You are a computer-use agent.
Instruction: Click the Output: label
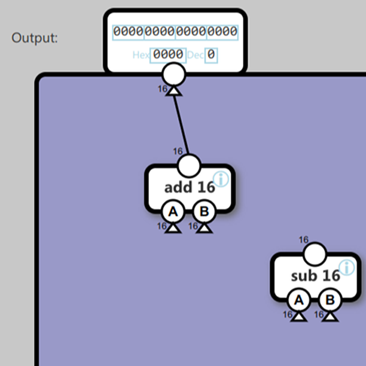point(35,38)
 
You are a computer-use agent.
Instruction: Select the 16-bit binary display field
point(175,32)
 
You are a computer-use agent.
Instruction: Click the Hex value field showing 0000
point(168,55)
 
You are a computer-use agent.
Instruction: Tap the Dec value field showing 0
point(211,55)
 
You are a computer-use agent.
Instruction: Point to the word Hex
point(141,55)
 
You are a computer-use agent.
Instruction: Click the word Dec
point(195,55)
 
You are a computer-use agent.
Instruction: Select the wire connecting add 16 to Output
point(181,122)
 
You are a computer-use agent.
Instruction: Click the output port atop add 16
point(188,164)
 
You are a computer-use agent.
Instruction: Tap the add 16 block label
point(189,187)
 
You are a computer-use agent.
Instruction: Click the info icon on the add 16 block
point(220,179)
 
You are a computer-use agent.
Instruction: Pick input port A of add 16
point(173,212)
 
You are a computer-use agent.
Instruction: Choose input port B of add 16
point(204,212)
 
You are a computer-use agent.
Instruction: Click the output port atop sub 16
point(315,253)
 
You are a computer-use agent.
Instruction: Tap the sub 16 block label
point(315,276)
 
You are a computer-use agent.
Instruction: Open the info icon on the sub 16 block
point(346,267)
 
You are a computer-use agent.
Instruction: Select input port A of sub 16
point(299,301)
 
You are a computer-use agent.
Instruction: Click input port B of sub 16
point(330,301)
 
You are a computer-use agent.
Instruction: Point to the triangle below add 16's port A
point(173,228)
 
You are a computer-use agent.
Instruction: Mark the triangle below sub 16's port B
point(330,316)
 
